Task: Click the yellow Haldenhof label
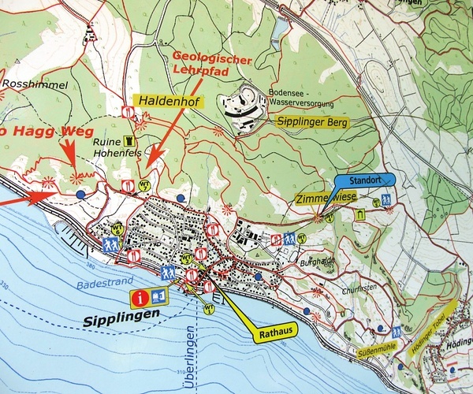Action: (169, 101)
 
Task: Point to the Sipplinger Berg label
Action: (312, 122)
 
